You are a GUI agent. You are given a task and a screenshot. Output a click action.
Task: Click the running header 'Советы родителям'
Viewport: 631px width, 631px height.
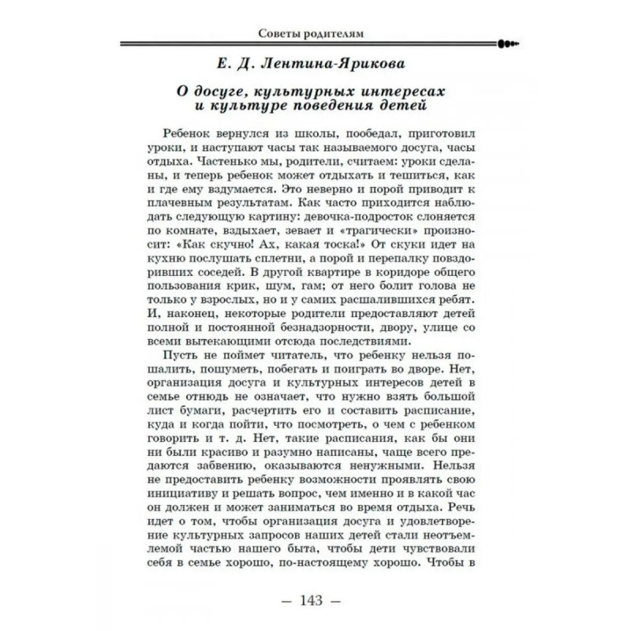tap(315, 33)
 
